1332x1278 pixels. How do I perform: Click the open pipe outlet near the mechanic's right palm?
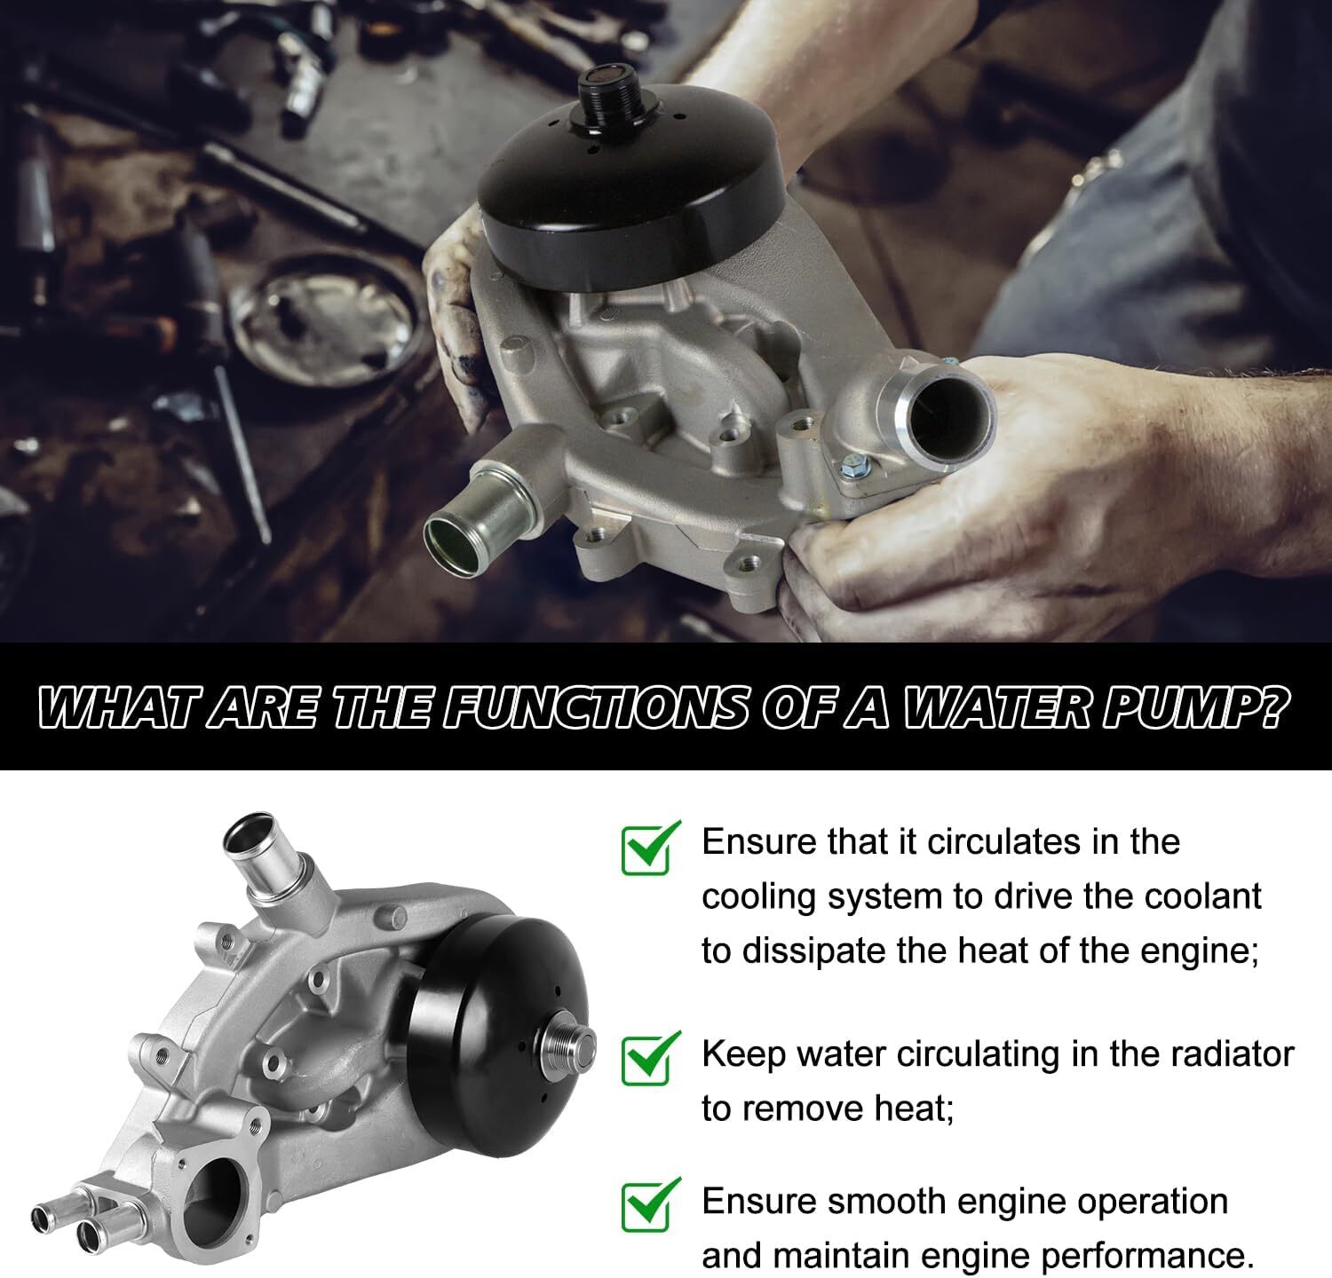tap(942, 407)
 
